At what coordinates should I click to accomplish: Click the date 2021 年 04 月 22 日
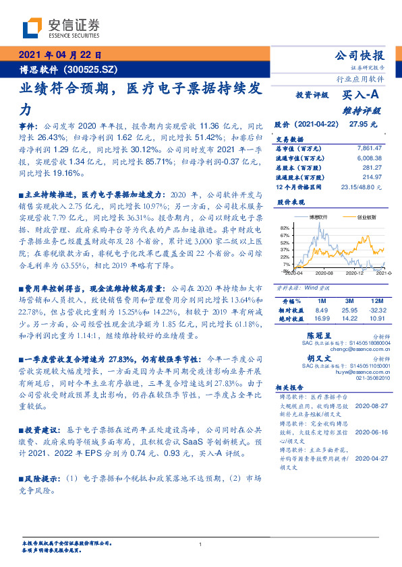(x=60, y=56)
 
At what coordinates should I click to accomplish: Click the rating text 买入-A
(x=362, y=96)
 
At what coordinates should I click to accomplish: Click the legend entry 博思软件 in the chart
(x=319, y=217)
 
